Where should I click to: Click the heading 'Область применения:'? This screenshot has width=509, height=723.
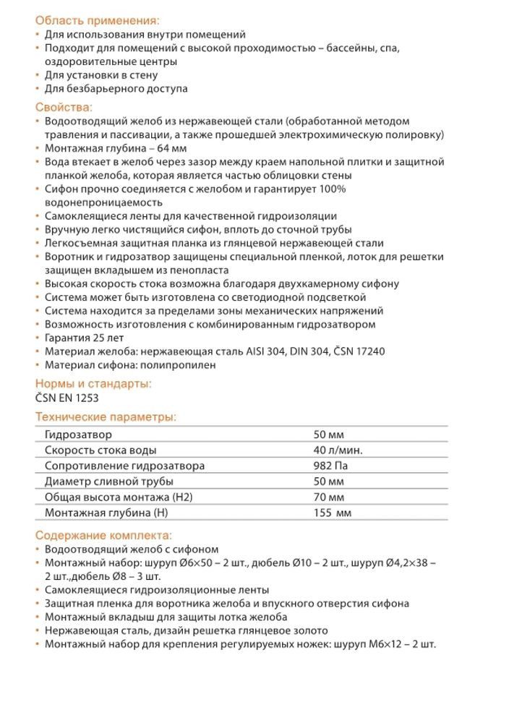97,20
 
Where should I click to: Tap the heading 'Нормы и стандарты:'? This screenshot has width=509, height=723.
93,384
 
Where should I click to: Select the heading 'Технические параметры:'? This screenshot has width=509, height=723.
106,417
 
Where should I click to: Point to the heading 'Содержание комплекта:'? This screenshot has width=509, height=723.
103,536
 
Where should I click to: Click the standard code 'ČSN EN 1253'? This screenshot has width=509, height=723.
67,398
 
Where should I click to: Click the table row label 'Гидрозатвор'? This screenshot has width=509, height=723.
78,435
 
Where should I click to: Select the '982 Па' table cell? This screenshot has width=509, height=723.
330,466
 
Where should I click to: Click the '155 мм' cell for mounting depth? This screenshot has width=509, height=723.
332,513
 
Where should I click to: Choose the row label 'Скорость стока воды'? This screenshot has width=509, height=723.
100,450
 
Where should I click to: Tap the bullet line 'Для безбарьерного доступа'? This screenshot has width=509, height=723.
116,89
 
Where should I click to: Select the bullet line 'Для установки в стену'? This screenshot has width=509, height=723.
101,75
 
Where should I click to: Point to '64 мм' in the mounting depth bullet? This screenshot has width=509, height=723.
165,148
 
